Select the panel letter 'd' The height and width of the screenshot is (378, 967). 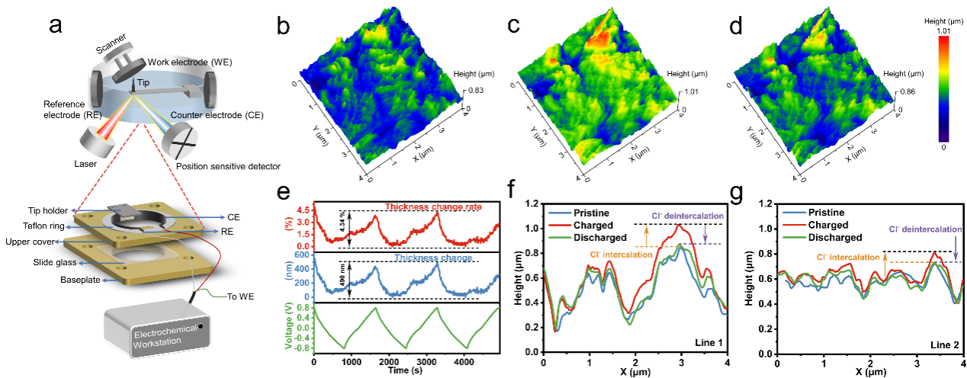[x=735, y=26]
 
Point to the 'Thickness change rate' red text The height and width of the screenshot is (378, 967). [x=427, y=207]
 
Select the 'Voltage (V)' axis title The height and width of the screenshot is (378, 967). [x=291, y=328]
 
